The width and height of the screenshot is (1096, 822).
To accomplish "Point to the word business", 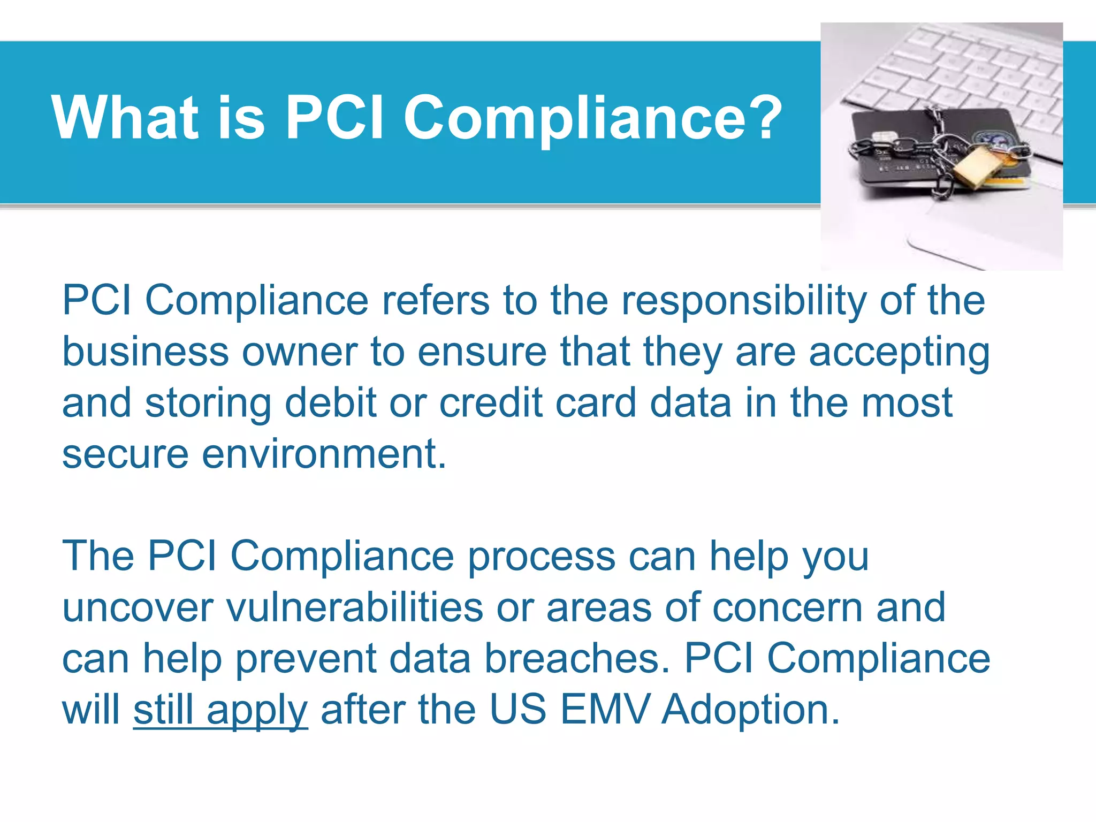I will [146, 352].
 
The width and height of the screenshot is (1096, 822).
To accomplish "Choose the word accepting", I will [899, 353].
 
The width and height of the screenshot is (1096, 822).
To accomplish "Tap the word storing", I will [208, 404].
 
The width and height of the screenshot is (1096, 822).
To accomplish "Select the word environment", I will [324, 454].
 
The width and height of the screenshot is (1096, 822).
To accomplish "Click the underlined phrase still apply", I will [220, 711].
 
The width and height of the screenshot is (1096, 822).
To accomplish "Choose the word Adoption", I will [750, 711].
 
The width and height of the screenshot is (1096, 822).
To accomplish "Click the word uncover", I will [138, 608].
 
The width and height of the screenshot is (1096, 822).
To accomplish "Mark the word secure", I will [125, 454].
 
